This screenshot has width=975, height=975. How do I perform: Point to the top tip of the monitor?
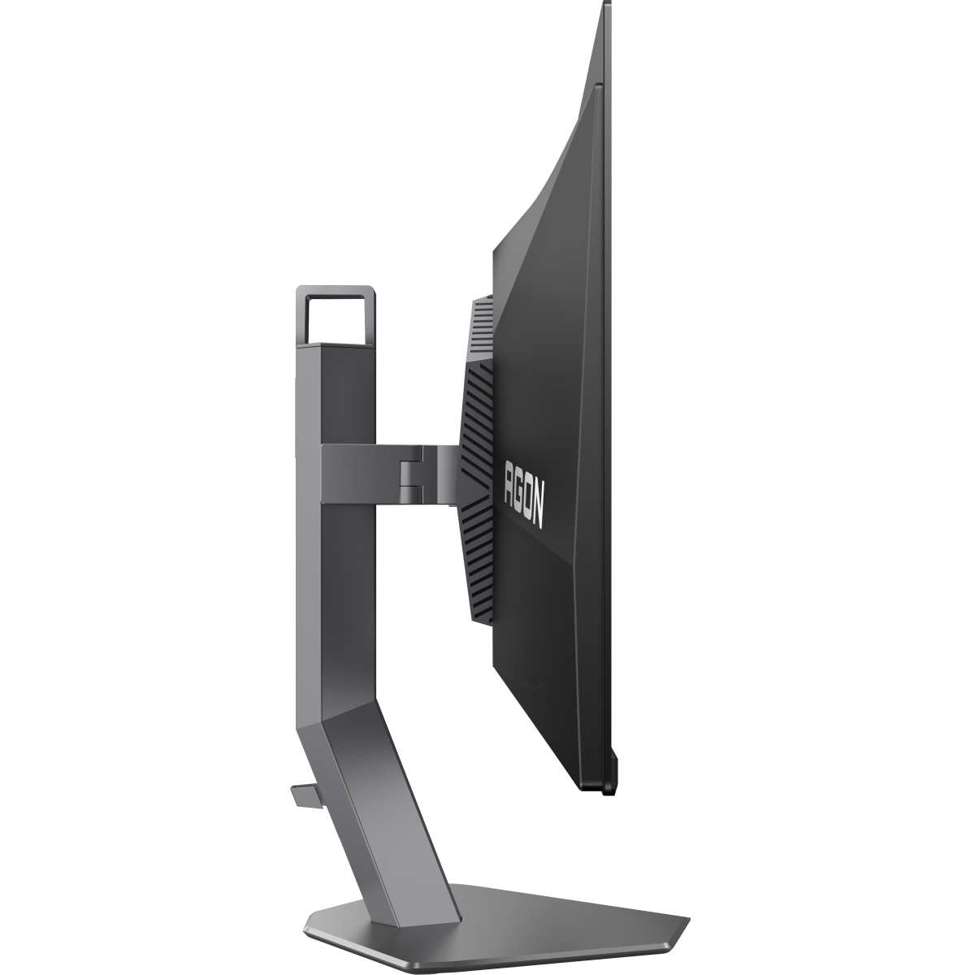(606, 6)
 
